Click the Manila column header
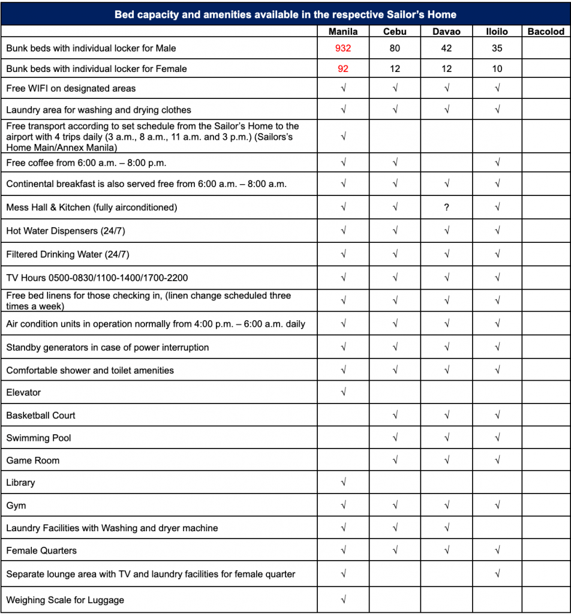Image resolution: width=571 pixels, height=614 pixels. tap(343, 31)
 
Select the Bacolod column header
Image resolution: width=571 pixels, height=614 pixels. tap(546, 31)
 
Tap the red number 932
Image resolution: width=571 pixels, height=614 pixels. tap(343, 49)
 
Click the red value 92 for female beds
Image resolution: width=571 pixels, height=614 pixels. tap(343, 69)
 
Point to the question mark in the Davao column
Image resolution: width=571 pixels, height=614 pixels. tap(446, 207)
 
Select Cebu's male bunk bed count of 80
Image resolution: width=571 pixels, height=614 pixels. tap(395, 49)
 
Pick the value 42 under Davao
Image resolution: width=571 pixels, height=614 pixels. tap(446, 49)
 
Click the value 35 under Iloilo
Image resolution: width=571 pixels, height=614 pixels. tap(497, 49)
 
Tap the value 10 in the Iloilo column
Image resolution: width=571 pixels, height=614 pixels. tap(497, 69)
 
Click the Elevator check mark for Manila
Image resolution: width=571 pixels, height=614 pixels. tap(343, 393)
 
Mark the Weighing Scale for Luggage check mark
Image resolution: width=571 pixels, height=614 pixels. tap(343, 600)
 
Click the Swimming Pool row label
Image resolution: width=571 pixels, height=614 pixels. tap(38, 438)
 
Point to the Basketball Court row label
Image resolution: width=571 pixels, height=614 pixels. tap(41, 416)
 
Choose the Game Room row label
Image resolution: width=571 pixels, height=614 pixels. tap(33, 460)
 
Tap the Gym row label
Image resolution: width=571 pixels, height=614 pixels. tap(16, 505)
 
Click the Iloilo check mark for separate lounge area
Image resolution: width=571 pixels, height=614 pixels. tap(497, 574)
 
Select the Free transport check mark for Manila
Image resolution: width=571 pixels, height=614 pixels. tap(343, 137)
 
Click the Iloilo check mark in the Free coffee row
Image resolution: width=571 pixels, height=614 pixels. tap(497, 162)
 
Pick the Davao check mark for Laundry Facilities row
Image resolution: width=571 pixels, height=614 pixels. tap(446, 528)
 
